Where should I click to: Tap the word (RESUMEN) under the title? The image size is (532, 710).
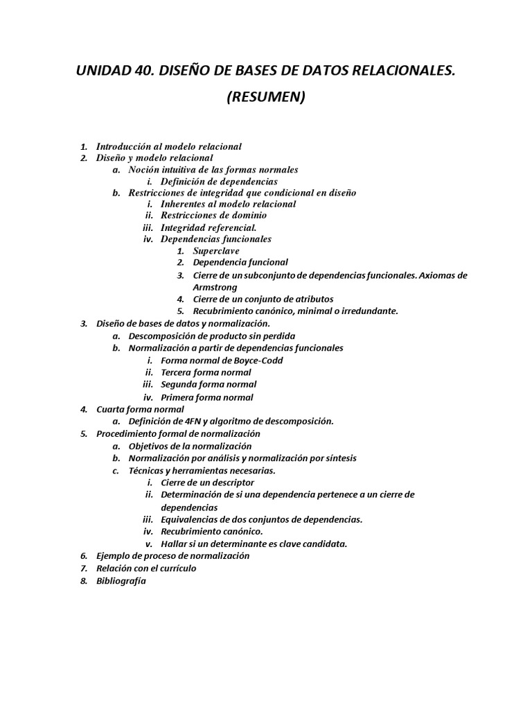(266, 97)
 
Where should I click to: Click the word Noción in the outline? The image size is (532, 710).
(143, 169)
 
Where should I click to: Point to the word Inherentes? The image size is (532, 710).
(184, 204)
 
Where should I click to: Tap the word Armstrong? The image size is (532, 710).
(215, 287)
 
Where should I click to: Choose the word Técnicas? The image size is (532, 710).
(146, 470)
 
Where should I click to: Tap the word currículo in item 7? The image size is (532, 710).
(175, 568)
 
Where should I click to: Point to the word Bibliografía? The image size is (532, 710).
(121, 581)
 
